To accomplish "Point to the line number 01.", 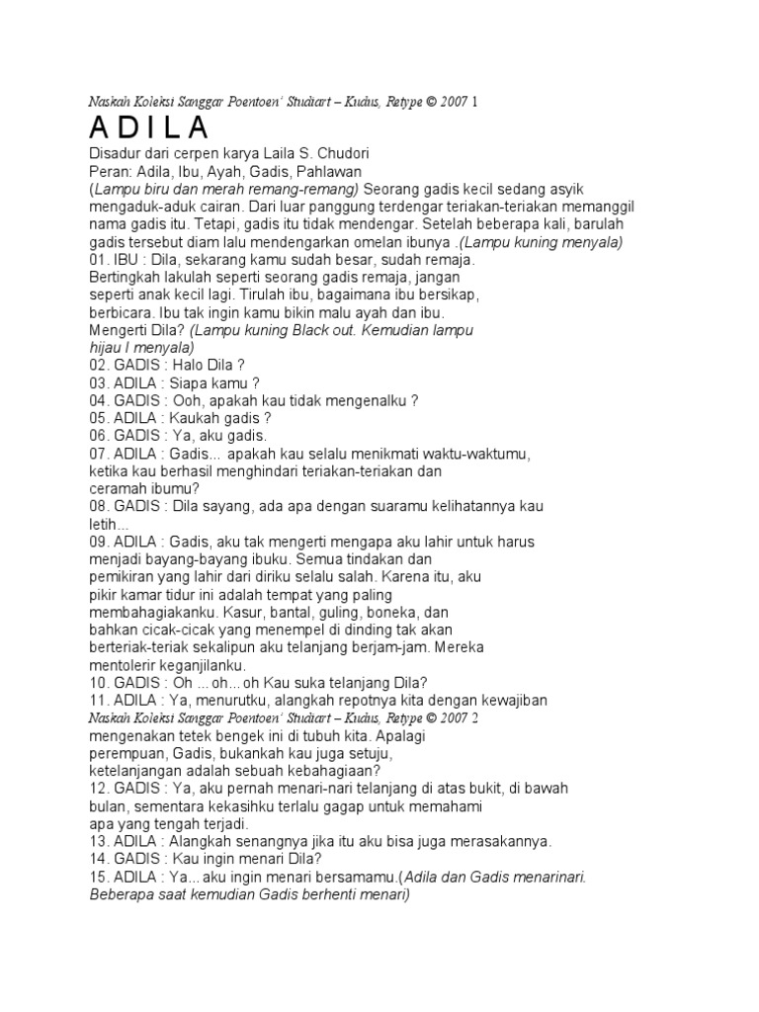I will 100,260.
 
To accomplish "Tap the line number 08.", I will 100,505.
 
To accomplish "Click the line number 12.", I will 100,788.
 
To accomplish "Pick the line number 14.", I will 100,858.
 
